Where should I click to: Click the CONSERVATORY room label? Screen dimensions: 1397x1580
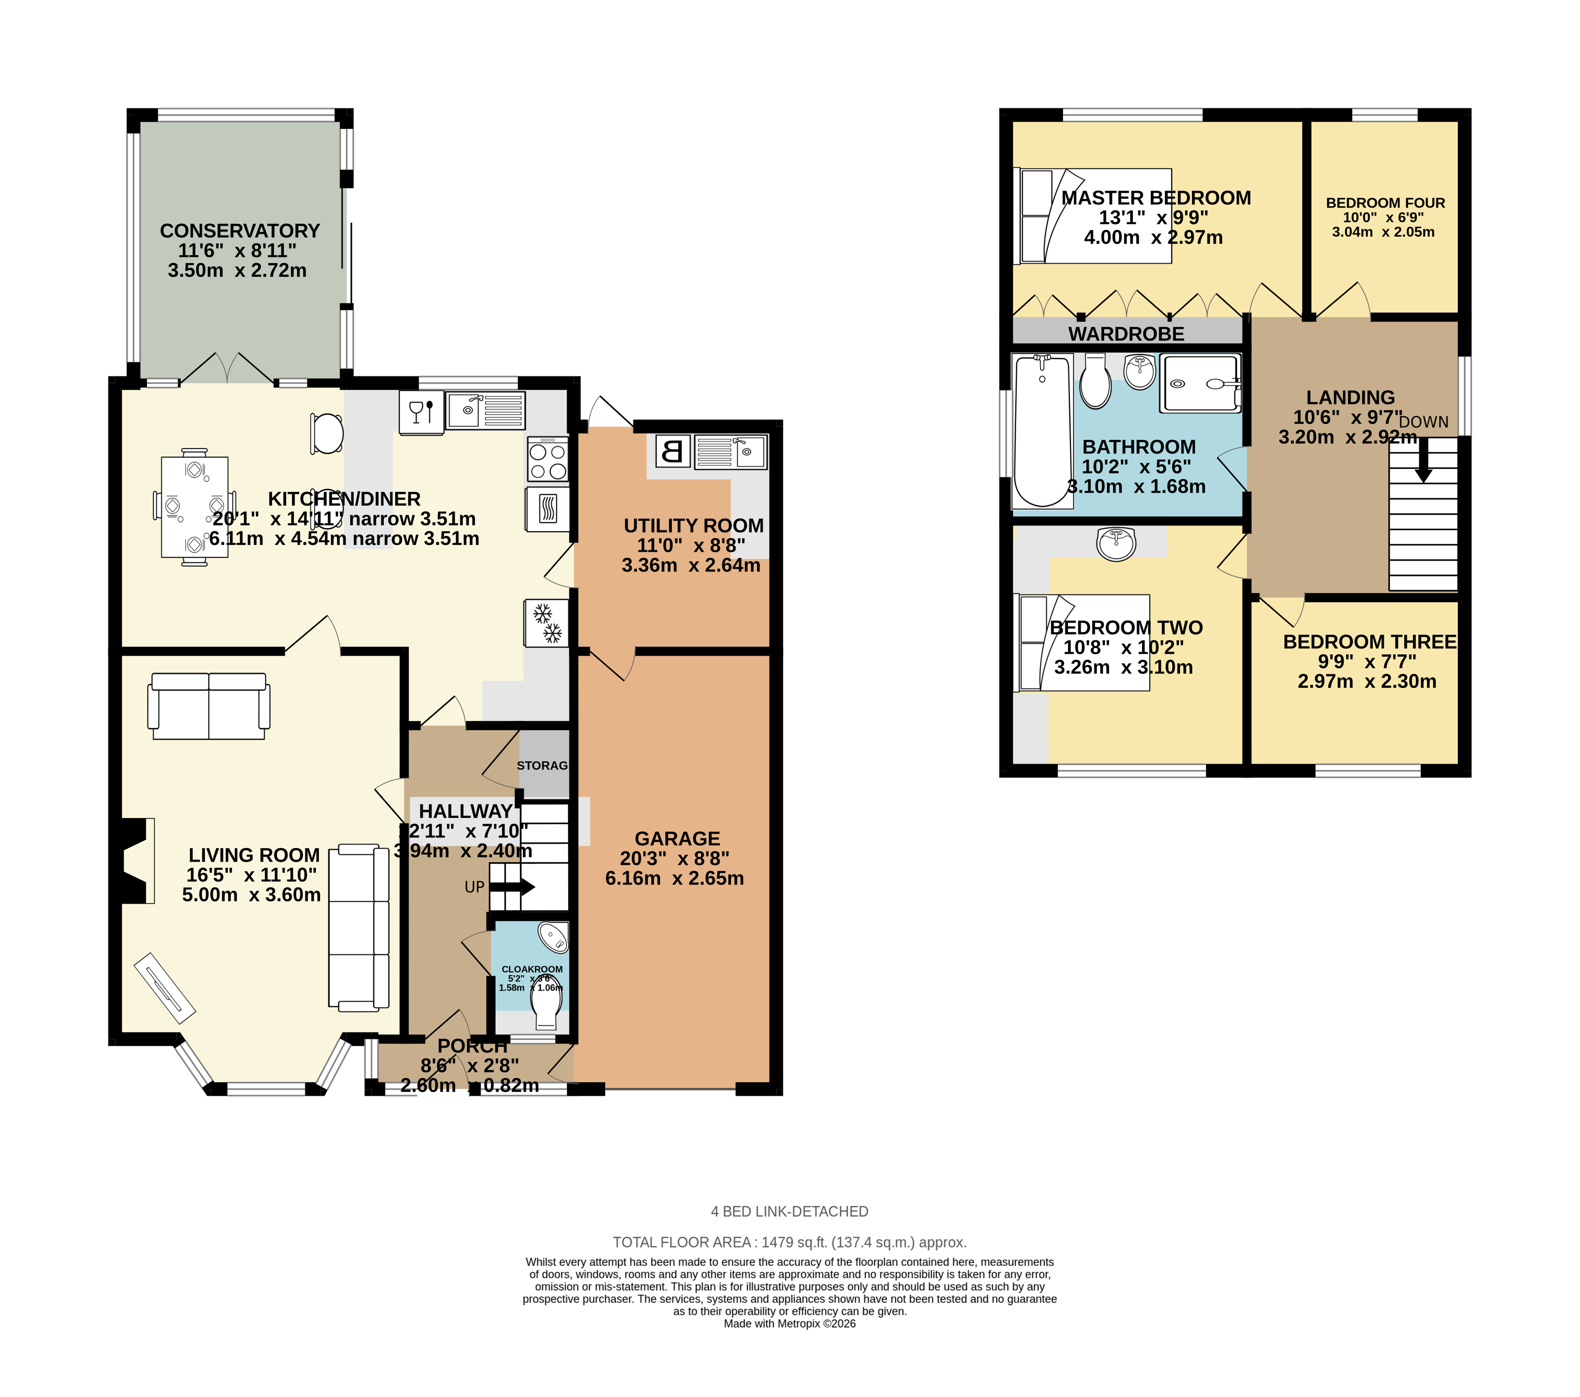pos(240,231)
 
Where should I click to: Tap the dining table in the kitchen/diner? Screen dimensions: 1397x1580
pos(194,508)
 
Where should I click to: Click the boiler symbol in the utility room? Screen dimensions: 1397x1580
pos(672,451)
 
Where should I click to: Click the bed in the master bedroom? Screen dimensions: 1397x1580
pos(1091,216)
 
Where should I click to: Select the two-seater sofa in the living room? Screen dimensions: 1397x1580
pos(209,706)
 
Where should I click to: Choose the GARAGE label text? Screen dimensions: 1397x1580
pos(677,839)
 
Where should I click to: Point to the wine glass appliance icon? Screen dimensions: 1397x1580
pos(421,412)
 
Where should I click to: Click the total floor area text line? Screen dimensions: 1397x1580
pos(789,1243)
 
